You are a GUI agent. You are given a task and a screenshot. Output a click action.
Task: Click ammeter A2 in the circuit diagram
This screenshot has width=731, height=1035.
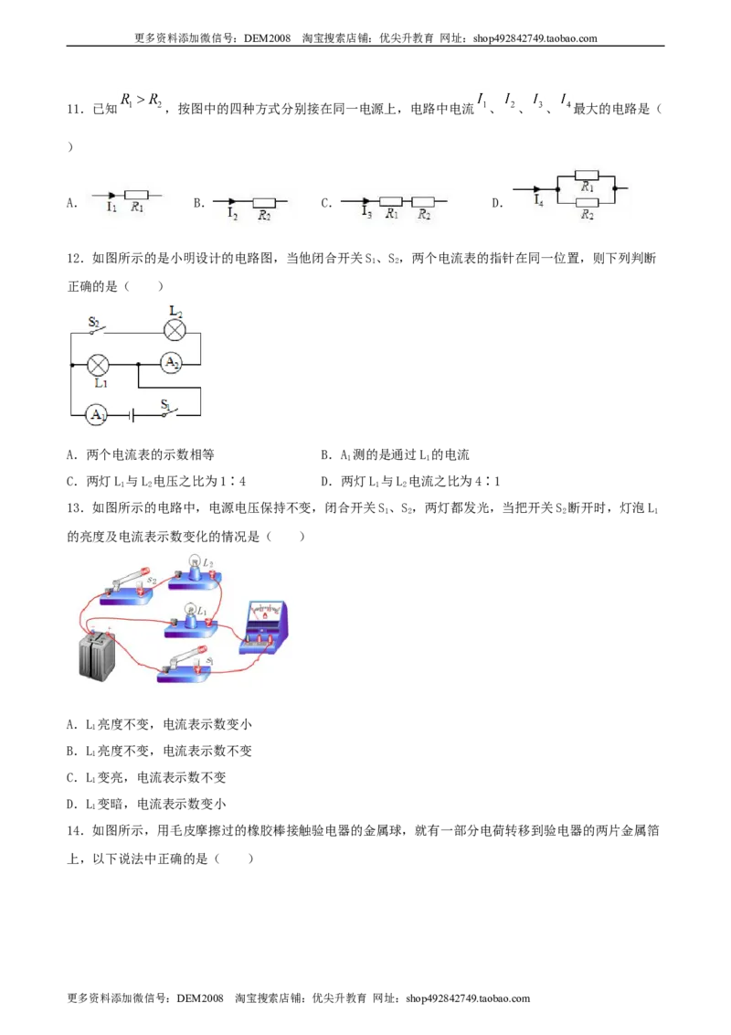click(x=172, y=362)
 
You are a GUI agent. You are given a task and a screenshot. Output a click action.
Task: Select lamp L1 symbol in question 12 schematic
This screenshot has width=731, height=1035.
click(x=99, y=364)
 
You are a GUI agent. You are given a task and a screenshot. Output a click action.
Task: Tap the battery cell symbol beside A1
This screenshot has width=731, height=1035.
click(x=132, y=415)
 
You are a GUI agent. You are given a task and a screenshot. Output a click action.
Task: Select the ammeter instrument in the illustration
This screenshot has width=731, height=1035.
click(x=264, y=627)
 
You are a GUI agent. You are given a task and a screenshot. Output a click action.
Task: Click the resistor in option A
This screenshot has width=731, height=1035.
click(x=136, y=195)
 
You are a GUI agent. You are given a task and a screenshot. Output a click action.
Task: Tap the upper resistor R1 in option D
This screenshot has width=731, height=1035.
click(x=587, y=176)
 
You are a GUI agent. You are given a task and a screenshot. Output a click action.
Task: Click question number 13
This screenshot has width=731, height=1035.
click(x=75, y=508)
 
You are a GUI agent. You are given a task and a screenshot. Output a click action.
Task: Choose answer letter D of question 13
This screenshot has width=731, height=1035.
click(x=72, y=804)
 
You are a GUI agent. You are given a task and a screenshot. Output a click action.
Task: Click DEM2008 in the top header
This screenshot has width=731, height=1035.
click(x=267, y=38)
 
